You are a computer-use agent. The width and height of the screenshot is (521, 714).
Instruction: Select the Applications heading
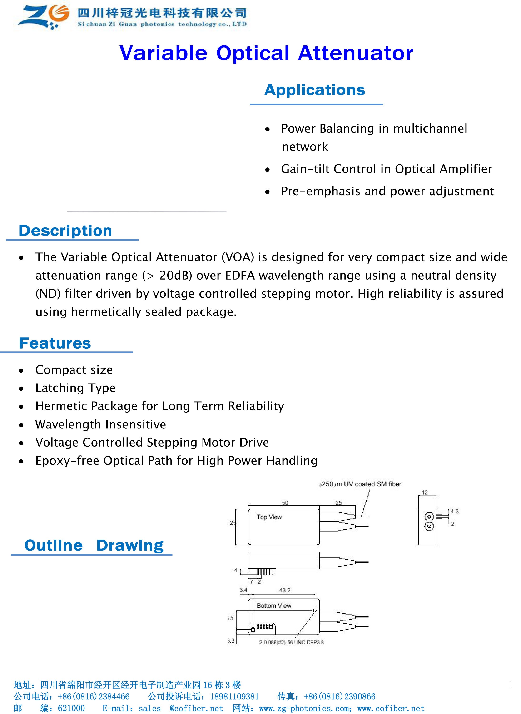tap(314, 90)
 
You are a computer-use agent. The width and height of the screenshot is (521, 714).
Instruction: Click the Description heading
tap(65, 231)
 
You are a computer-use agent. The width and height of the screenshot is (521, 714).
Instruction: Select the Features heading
tap(55, 343)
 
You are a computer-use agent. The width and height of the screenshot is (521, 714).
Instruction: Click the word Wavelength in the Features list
tap(68, 425)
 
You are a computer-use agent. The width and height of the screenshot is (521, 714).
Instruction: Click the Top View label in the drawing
tap(269, 517)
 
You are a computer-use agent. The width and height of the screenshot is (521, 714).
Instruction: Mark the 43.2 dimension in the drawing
tap(284, 590)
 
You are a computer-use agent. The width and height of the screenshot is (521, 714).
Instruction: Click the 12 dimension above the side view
tap(425, 492)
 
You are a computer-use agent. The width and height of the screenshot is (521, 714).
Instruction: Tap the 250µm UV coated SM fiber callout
tap(360, 484)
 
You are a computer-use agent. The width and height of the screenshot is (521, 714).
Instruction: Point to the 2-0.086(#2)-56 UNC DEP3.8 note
tap(291, 642)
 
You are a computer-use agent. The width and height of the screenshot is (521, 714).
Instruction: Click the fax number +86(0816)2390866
tap(339, 696)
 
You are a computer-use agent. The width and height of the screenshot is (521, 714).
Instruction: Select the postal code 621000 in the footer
tap(71, 708)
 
